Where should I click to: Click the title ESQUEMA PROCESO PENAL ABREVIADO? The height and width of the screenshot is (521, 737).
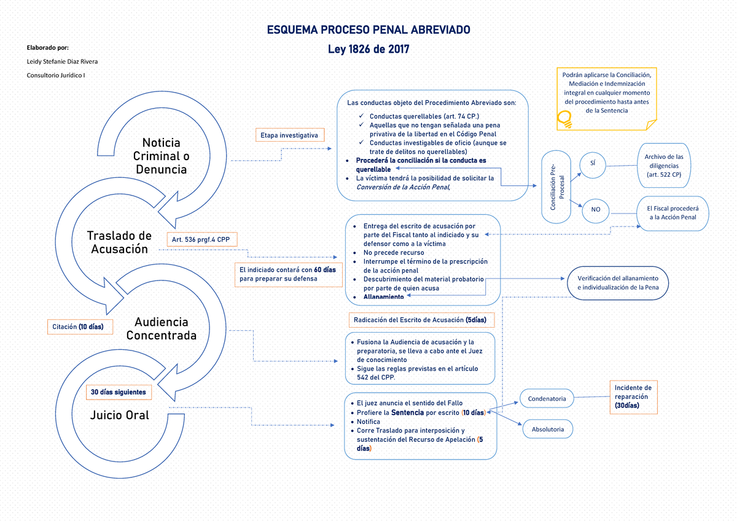(368, 30)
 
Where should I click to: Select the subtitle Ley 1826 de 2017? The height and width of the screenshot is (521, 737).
(368, 50)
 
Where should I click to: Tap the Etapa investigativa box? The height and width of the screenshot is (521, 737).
(289, 134)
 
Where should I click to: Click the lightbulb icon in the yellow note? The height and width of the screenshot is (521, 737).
(564, 118)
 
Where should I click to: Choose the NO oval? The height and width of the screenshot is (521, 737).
(595, 210)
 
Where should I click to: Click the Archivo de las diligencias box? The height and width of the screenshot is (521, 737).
(663, 166)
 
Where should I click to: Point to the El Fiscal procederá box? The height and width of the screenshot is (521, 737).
(673, 213)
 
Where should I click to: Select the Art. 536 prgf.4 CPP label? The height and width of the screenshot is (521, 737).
(201, 239)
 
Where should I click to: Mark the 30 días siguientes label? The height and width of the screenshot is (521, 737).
(118, 392)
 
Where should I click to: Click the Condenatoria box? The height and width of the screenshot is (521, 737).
(547, 399)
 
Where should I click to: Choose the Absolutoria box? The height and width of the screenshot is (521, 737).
(548, 430)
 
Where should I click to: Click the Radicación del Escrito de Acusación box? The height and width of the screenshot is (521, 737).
(419, 320)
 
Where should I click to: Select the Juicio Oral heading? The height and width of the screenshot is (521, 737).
(120, 415)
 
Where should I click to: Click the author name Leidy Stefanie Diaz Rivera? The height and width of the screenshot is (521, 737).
(62, 61)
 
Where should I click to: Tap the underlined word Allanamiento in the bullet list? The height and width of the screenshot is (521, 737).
(383, 297)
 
